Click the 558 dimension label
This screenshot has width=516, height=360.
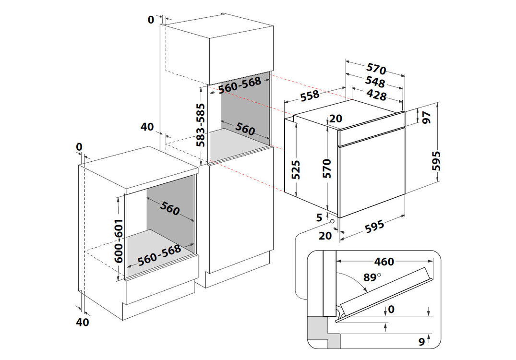point(310,96)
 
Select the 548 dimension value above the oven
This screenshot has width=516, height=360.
point(375,82)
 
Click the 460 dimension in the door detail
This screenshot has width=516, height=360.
point(384,262)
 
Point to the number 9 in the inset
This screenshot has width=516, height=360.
point(421,342)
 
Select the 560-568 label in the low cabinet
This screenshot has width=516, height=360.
point(159,255)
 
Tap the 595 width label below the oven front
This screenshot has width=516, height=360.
point(374,228)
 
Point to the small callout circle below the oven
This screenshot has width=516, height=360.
point(332,221)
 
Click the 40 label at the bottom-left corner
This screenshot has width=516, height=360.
point(83,322)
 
